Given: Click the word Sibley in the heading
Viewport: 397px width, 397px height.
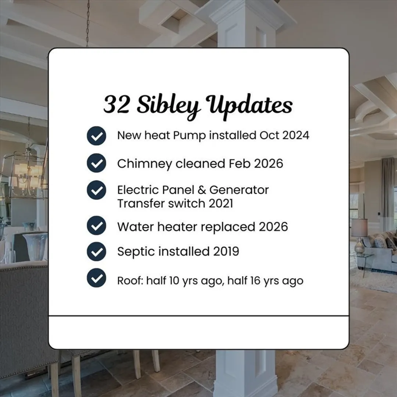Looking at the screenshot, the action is tap(169, 106).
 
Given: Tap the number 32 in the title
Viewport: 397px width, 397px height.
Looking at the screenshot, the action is tap(117, 104).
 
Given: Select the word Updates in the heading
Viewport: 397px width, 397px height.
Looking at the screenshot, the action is tap(249, 106).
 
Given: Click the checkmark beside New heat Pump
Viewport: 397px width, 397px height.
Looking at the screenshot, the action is tap(96, 136).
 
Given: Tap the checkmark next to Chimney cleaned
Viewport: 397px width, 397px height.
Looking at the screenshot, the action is tap(96, 163).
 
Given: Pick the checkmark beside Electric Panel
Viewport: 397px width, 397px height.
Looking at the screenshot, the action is tap(96, 190).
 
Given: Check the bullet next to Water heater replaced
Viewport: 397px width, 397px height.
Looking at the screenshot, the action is tap(96, 225).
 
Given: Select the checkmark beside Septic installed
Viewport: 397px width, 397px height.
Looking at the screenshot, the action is tap(96, 251).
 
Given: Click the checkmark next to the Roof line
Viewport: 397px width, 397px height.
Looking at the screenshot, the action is tap(96, 278).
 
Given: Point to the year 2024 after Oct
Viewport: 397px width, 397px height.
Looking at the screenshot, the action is tap(296, 135).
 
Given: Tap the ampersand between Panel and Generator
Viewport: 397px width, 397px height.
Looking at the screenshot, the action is tap(201, 190).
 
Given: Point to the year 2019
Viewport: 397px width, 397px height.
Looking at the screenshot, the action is tap(226, 251).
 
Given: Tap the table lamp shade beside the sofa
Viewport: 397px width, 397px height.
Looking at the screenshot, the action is tap(359, 228).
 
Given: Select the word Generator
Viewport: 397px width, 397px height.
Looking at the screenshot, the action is tap(239, 190).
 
